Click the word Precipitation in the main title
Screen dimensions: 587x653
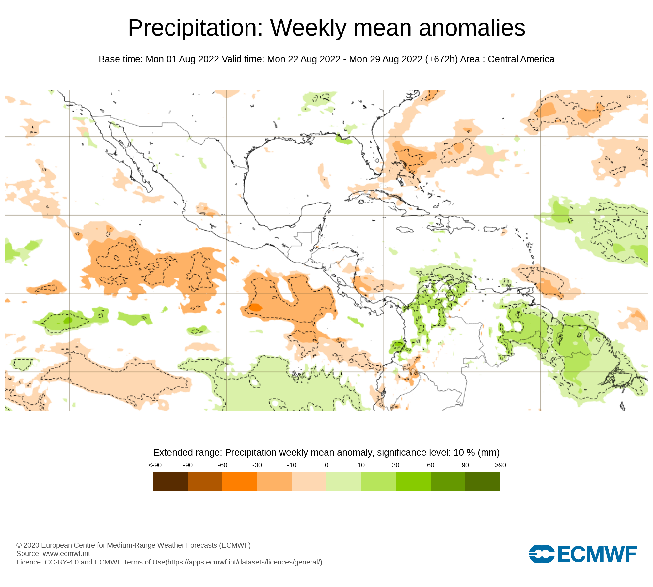point(195,28)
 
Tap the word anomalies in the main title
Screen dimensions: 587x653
point(472,28)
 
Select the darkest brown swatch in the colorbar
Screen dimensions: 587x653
point(170,481)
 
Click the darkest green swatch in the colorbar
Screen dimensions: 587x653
point(482,481)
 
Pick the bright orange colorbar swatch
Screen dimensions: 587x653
point(240,481)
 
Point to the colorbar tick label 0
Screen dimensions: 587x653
point(326,465)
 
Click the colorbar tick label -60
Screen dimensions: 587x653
point(222,465)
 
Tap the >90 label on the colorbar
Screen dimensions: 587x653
point(500,465)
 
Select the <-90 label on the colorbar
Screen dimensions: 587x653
point(155,465)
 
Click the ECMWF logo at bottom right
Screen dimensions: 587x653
point(582,554)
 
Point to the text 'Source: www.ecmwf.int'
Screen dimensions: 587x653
point(53,554)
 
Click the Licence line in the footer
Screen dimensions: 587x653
point(169,562)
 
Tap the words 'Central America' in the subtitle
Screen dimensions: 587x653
point(521,59)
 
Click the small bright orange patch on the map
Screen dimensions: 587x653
point(255,308)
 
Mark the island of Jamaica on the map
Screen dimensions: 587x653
point(405,230)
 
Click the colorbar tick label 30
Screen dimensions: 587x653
point(396,465)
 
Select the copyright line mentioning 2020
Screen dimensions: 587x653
point(133,545)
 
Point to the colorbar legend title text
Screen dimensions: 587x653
point(326,453)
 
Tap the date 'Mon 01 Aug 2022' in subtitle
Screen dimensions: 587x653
point(182,59)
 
